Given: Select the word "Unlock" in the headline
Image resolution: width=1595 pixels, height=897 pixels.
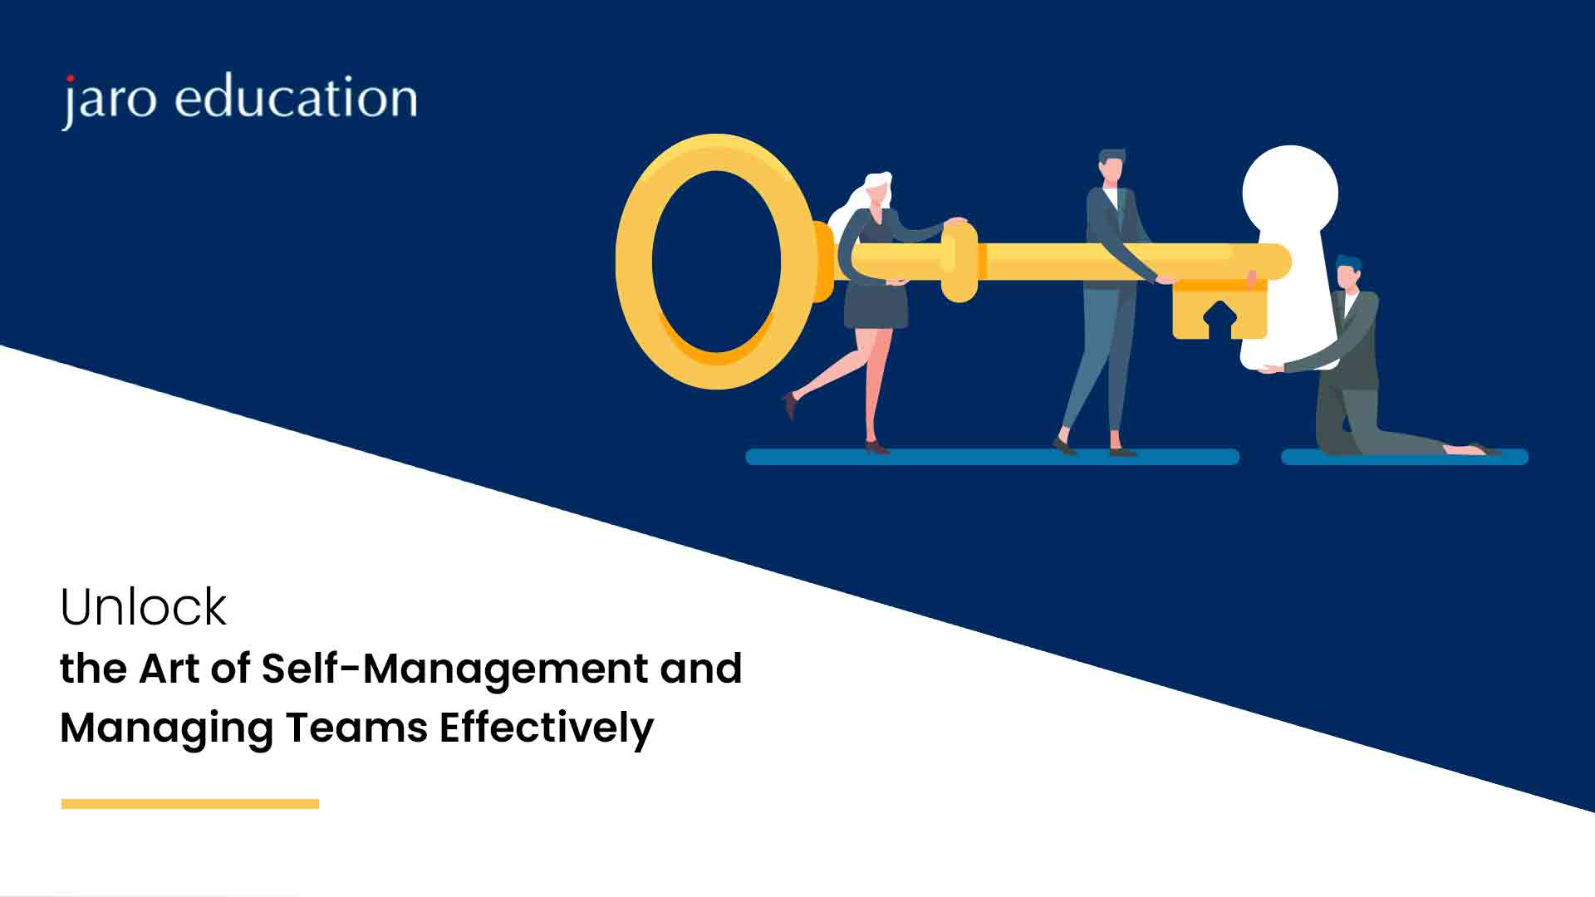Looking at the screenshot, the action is pyautogui.click(x=143, y=606).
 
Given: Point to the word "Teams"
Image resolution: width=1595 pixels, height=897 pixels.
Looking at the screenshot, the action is pyautogui.click(x=356, y=728).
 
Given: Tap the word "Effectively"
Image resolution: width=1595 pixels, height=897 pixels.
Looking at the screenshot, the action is pyautogui.click(x=547, y=728).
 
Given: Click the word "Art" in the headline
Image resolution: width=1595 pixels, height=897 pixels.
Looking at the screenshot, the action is pyautogui.click(x=169, y=669).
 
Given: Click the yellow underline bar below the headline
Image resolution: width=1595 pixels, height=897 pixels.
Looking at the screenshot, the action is pyautogui.click(x=190, y=803).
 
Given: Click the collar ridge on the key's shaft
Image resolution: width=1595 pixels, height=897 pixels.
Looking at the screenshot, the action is pyautogui.click(x=959, y=263).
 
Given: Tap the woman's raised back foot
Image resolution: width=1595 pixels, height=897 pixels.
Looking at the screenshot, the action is pyautogui.click(x=790, y=404).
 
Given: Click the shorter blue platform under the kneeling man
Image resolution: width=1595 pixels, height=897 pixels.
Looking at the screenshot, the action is pyautogui.click(x=1405, y=457).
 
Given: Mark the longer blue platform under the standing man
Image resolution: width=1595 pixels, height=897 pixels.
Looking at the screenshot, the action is pyautogui.click(x=993, y=457).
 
